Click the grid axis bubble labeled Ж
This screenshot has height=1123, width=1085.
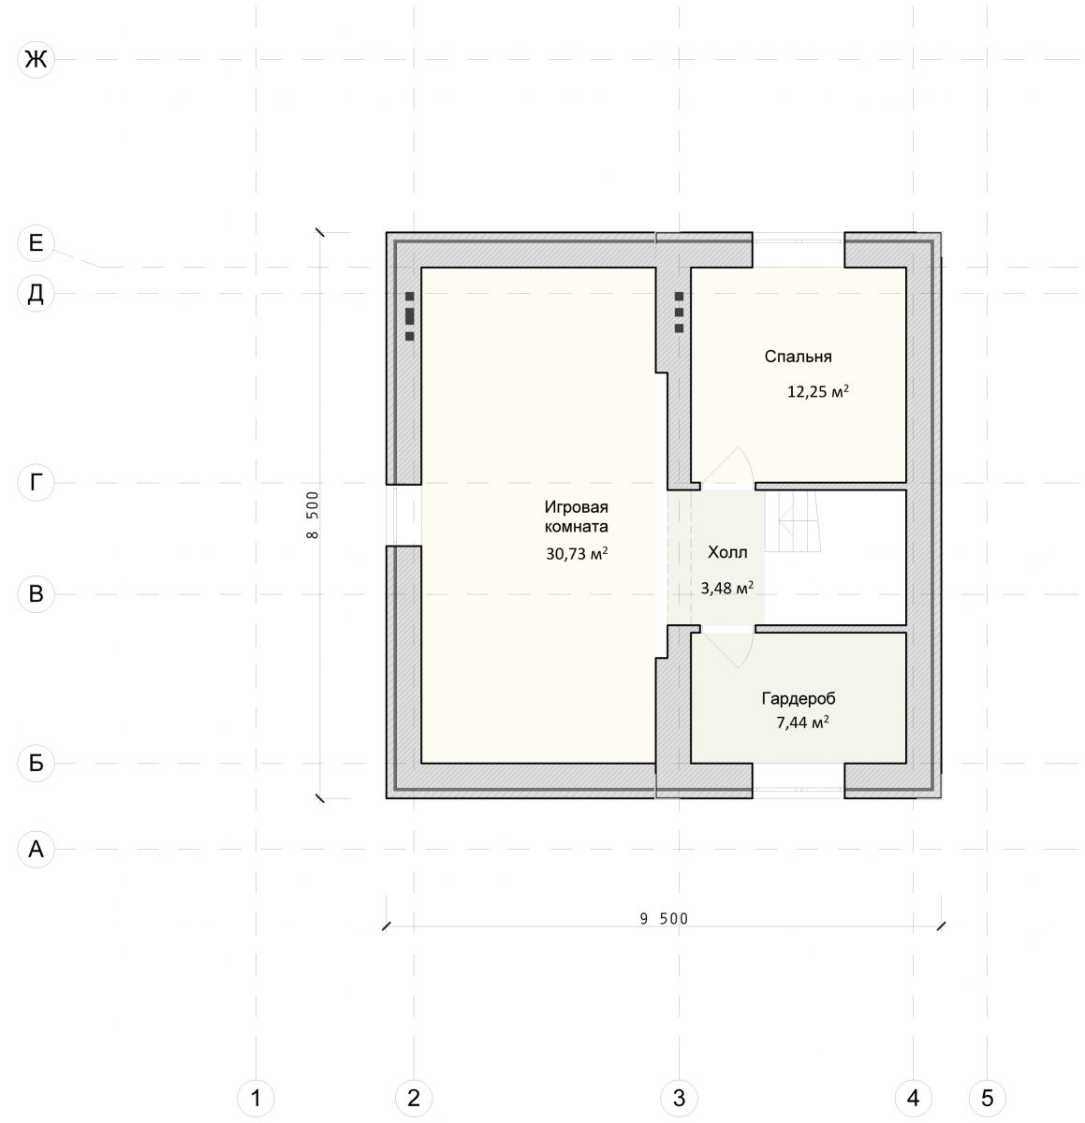[36, 59]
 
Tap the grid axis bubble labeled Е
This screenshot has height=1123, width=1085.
[36, 243]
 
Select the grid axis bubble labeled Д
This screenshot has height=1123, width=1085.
[36, 293]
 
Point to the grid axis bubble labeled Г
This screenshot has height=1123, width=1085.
[36, 483]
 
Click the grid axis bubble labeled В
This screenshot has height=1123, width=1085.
[36, 594]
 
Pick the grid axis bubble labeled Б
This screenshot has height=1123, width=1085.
[36, 763]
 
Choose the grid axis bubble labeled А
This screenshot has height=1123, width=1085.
[36, 849]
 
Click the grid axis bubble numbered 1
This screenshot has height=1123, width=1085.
[256, 1098]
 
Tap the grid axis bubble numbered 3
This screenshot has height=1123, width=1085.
[679, 1098]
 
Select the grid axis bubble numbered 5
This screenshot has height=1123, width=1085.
[987, 1098]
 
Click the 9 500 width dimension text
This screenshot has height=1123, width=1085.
[664, 919]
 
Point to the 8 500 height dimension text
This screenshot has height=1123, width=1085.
[313, 515]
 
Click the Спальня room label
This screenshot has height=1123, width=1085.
[798, 357]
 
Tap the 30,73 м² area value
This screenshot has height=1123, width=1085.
[577, 553]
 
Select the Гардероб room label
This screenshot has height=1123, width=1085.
[799, 699]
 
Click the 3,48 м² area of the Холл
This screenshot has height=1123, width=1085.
[726, 588]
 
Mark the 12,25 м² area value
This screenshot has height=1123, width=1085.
[818, 392]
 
